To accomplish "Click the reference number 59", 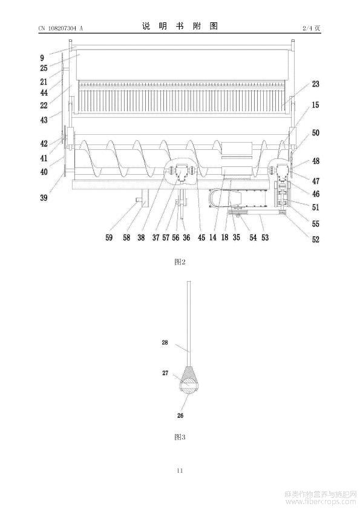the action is [x=109, y=238].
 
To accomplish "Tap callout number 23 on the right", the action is [x=315, y=84].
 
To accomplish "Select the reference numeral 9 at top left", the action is [x=42, y=58].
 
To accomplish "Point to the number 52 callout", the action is [x=315, y=239].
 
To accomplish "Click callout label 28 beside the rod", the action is [x=165, y=342].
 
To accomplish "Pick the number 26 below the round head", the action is [x=180, y=415].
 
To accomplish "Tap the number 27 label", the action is [x=165, y=373].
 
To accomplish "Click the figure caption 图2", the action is [x=180, y=262].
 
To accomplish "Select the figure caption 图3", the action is [x=180, y=437].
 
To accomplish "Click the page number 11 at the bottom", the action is [x=180, y=471].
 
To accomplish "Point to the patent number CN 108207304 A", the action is [x=61, y=28].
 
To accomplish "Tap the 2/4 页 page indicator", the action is [x=311, y=28].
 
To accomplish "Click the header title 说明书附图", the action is [x=180, y=26].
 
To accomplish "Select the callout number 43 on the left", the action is [x=44, y=120].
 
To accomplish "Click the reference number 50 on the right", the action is [x=315, y=133].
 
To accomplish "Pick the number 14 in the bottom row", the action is [x=213, y=238].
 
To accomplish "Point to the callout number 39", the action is [x=44, y=198].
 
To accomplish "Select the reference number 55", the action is [x=315, y=224].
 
